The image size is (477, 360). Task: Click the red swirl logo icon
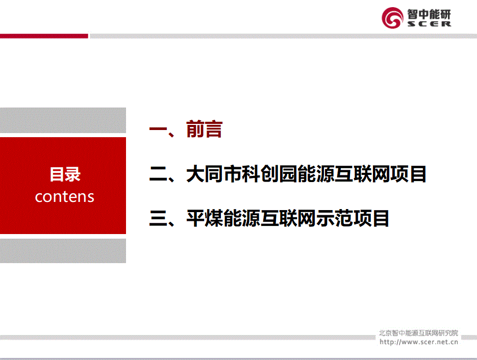coord(392,18)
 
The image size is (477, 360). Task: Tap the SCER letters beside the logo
coord(429,24)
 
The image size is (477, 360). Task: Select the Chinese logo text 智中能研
coord(429,14)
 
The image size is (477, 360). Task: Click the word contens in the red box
coord(64,197)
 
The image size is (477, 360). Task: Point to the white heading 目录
coord(65,174)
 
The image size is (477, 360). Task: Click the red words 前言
coord(204,129)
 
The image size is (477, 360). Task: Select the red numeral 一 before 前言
coord(158,129)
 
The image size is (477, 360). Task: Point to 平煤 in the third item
coord(205,219)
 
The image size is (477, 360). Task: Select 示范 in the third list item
coord(334,219)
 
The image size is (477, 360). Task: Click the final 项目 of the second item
coord(408,174)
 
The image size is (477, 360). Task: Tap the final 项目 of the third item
coord(371,219)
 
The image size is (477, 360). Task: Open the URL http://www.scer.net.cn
coord(419,342)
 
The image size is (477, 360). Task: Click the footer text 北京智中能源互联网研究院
coord(418,333)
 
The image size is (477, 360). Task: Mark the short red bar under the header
coord(44,36)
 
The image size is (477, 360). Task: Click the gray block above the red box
coord(63,120)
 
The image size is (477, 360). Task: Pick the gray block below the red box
coord(63,250)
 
